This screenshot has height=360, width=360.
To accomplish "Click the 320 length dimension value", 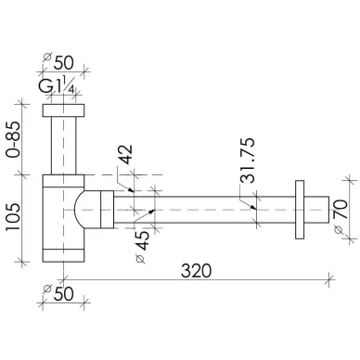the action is click(x=196, y=271).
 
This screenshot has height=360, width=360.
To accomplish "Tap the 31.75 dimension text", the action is click(x=248, y=161).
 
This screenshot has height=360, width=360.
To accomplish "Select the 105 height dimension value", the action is click(x=14, y=216).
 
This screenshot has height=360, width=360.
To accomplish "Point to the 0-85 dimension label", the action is click(x=14, y=139).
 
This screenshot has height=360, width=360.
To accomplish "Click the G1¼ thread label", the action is click(x=57, y=86).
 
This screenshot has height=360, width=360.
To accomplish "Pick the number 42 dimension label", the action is click(x=125, y=154).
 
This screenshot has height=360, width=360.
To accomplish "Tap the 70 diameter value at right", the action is click(x=341, y=210).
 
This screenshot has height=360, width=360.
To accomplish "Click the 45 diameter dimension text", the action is click(x=143, y=240).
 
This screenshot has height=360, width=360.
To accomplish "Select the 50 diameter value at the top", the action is click(x=64, y=63).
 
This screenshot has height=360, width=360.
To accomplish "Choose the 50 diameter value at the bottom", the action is click(x=64, y=293).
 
